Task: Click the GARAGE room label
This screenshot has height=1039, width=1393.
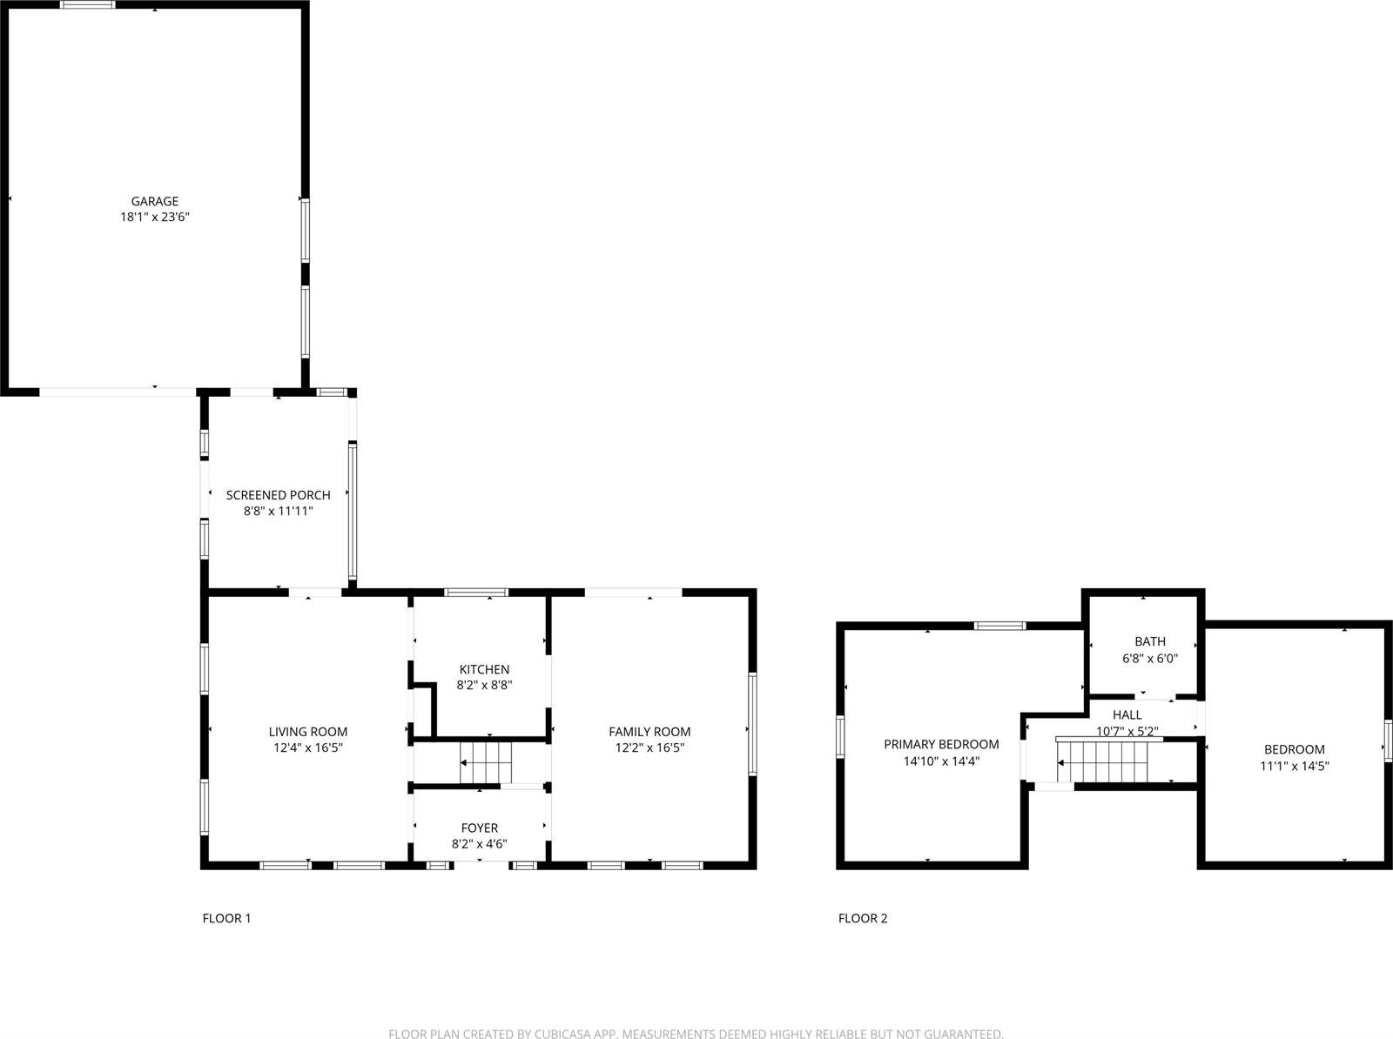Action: tap(155, 201)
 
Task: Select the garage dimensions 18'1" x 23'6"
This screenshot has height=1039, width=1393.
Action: tap(155, 218)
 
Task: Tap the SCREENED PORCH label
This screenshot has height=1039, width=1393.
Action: tap(278, 495)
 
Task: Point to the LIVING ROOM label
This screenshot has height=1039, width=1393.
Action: tap(307, 732)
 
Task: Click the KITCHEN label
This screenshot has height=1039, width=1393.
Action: tap(484, 669)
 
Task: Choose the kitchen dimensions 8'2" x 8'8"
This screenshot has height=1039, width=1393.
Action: tap(484, 685)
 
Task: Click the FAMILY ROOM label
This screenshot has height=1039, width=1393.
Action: tap(649, 732)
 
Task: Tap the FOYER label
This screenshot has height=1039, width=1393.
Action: tap(480, 828)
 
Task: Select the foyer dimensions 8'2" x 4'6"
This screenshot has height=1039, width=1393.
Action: tap(479, 843)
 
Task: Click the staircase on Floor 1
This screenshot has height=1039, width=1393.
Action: tap(487, 763)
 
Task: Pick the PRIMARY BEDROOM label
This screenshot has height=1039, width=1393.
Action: tap(941, 744)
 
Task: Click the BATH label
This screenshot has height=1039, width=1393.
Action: tap(1149, 641)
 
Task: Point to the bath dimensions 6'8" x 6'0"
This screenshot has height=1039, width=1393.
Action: tap(1149, 659)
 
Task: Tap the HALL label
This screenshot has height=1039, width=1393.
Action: tap(1127, 714)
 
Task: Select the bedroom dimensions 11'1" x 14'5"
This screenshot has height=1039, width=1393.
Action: tap(1295, 766)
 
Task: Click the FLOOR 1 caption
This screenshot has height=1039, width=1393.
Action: tap(226, 918)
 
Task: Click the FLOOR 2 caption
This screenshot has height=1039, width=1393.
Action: tap(863, 918)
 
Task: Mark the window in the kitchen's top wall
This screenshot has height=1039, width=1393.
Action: tap(475, 593)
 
